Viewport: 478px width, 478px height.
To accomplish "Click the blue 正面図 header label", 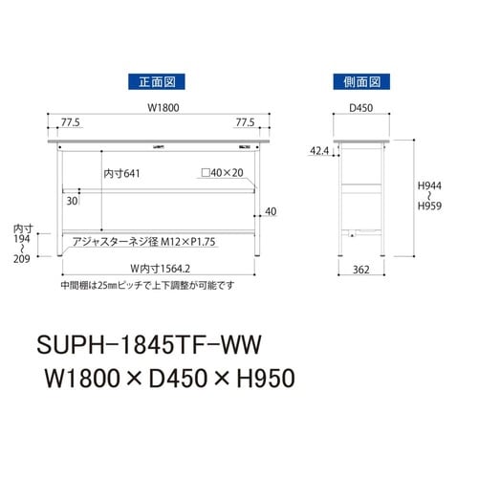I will pyautogui.click(x=155, y=81).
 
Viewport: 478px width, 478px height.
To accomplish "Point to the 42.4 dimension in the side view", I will pyautogui.click(x=319, y=151).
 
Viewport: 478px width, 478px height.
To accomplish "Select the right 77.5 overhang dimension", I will pyautogui.click(x=246, y=122).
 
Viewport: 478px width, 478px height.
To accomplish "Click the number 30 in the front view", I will pyautogui.click(x=73, y=202).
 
